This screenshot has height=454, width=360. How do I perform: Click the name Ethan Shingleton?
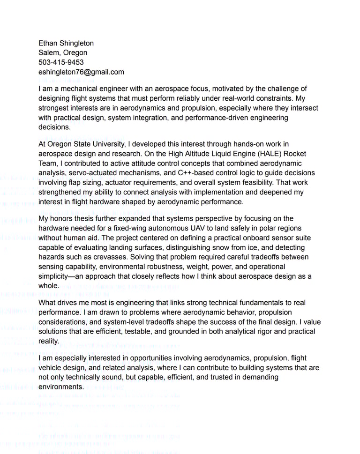click(x=66, y=43)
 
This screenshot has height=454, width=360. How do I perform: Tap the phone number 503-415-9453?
click(x=61, y=62)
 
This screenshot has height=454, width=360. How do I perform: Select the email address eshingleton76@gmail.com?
click(x=81, y=72)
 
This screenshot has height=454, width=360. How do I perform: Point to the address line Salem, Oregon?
click(x=63, y=52)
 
